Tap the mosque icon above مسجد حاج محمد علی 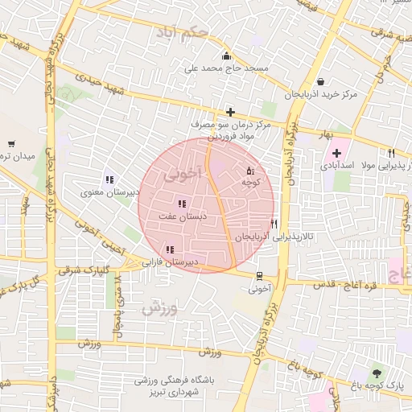(x=226, y=56)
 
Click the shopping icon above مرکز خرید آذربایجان (x=321, y=81)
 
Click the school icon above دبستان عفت (x=182, y=204)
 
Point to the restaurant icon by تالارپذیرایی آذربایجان (x=274, y=224)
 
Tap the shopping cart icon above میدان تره (x=10, y=142)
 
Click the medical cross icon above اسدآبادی (x=336, y=153)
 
